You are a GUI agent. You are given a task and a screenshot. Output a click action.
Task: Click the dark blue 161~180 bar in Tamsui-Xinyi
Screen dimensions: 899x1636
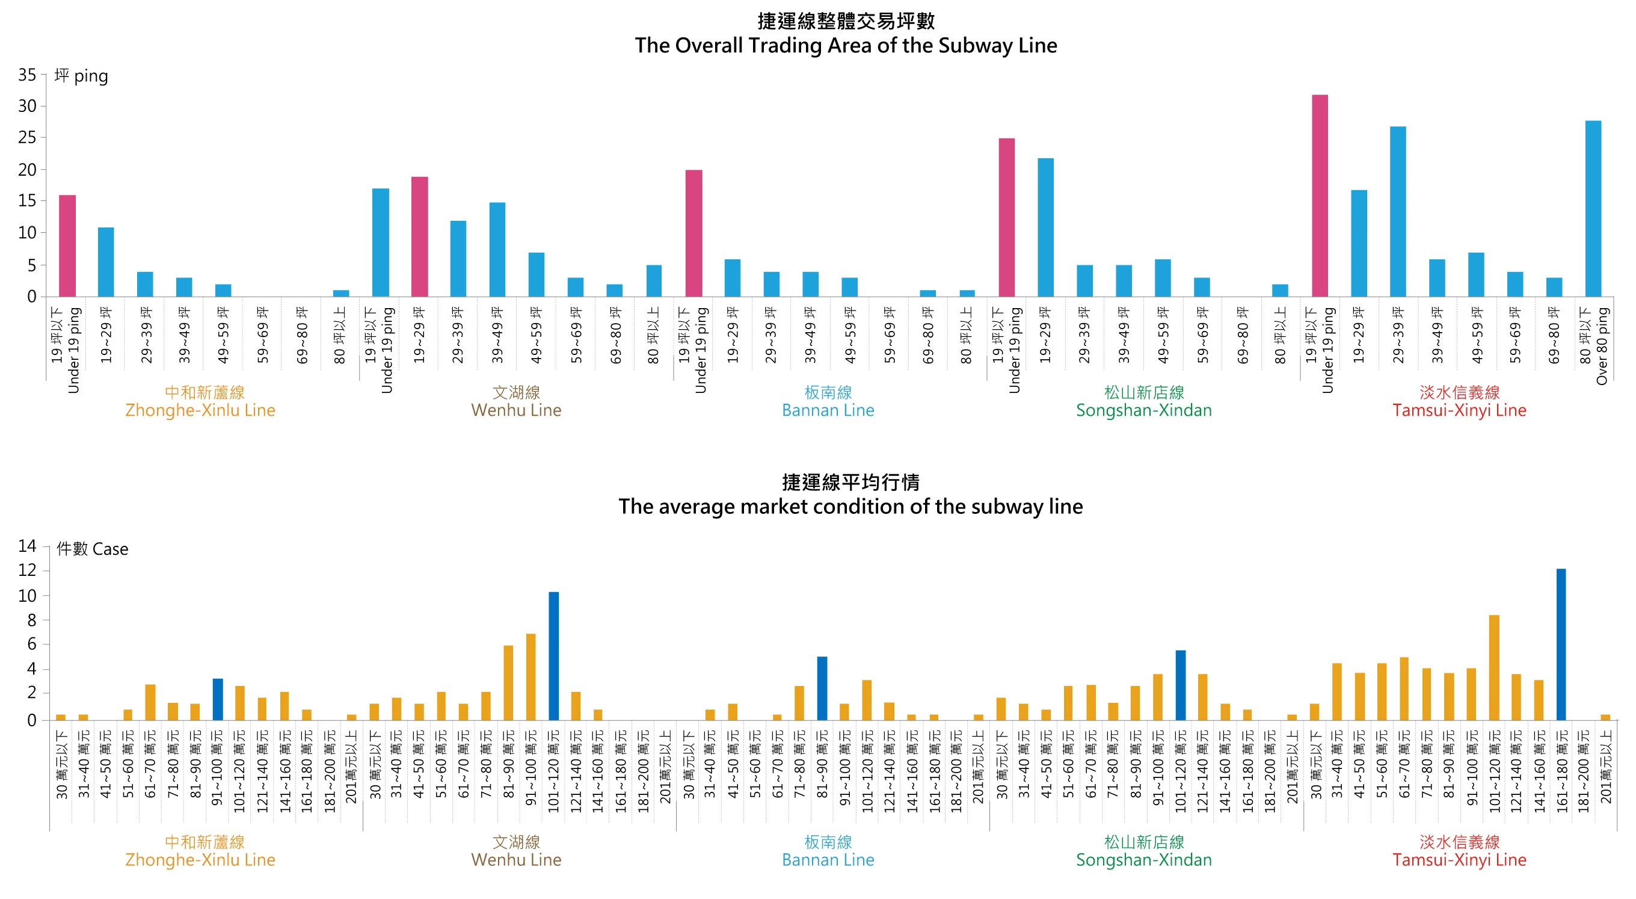(x=1560, y=644)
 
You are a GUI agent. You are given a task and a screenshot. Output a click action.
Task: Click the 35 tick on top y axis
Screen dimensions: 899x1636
(x=27, y=75)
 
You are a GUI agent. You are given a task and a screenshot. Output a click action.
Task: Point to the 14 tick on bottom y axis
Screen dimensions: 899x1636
(x=27, y=546)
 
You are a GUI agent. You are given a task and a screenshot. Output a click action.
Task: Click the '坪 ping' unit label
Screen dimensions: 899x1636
(x=81, y=76)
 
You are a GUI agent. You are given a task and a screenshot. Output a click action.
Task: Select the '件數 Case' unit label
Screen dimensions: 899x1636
(x=93, y=549)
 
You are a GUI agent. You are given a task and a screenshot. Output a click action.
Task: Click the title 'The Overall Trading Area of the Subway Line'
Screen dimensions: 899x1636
(x=845, y=45)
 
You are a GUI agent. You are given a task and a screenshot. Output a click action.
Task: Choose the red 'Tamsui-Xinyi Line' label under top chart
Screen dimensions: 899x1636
(x=1459, y=410)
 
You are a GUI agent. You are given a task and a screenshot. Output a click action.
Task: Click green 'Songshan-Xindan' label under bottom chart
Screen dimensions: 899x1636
(x=1143, y=860)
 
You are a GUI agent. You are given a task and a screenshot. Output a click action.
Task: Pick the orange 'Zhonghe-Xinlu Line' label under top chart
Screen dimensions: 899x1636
(x=200, y=410)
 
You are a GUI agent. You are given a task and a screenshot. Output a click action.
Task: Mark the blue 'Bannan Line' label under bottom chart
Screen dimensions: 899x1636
(x=828, y=860)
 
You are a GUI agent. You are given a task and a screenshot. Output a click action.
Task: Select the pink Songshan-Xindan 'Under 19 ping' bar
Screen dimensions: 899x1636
(x=1006, y=217)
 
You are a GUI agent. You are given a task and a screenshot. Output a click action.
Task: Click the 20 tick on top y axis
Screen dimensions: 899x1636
(x=27, y=170)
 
